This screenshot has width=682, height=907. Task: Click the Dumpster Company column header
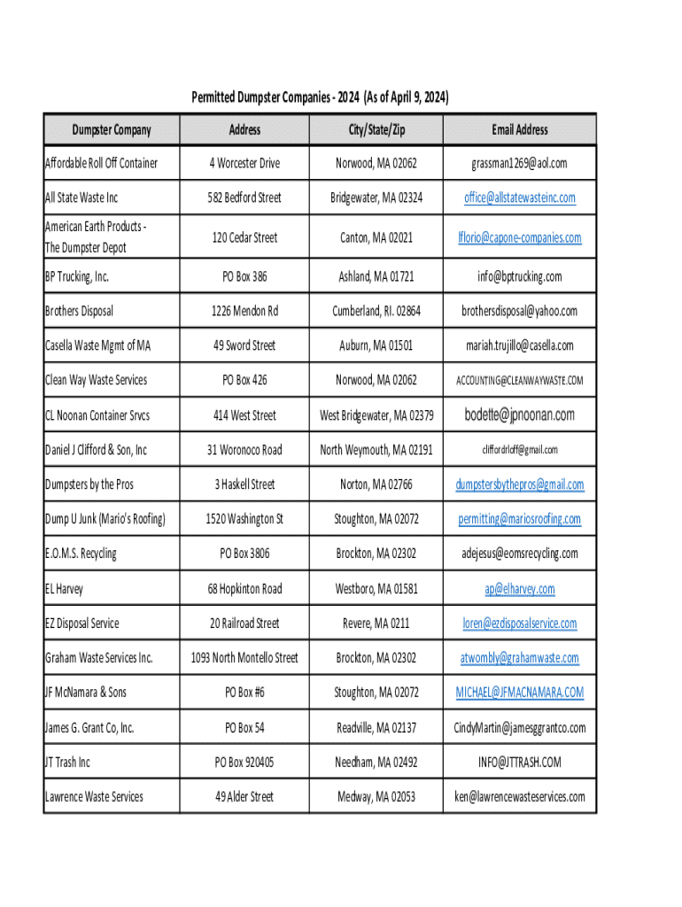coord(112,130)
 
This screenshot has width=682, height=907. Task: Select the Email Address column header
coord(520,130)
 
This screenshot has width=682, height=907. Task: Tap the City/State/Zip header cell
coord(376,130)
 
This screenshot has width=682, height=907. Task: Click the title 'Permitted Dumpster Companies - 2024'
coord(320,97)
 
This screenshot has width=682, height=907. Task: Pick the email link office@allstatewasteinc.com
coord(520,198)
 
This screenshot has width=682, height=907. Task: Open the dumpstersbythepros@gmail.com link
coord(520,485)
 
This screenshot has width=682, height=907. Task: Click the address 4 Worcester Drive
coord(244,163)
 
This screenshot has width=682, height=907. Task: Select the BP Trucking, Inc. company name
coord(77,277)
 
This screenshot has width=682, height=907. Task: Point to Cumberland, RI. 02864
coord(376,311)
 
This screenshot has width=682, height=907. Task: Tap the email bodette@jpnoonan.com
coord(520,415)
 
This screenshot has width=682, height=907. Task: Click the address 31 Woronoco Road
coord(244,450)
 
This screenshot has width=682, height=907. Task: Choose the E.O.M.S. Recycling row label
coord(81,554)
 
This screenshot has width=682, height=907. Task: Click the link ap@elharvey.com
coord(520,589)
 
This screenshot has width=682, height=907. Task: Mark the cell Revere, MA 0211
coord(376,624)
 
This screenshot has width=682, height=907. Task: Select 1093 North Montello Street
coord(244,658)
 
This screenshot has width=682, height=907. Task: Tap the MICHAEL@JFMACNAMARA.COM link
coord(520,692)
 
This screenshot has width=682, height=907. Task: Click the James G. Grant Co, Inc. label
coord(89,728)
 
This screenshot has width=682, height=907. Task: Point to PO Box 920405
coord(244,762)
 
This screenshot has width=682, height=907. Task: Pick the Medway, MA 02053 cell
coord(376,796)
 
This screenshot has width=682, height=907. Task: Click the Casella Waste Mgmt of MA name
coord(97,345)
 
